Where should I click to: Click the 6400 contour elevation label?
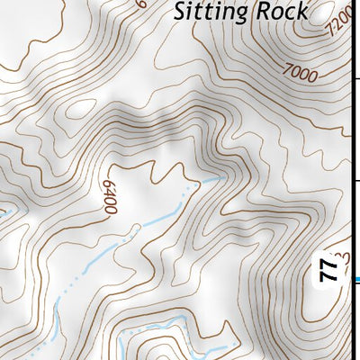tap(110, 194)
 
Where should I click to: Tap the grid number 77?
tap(329, 269)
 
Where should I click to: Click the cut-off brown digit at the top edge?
tap(142, 3)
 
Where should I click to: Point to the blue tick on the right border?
tap(356, 280)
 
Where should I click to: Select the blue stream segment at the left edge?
tap(4, 213)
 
